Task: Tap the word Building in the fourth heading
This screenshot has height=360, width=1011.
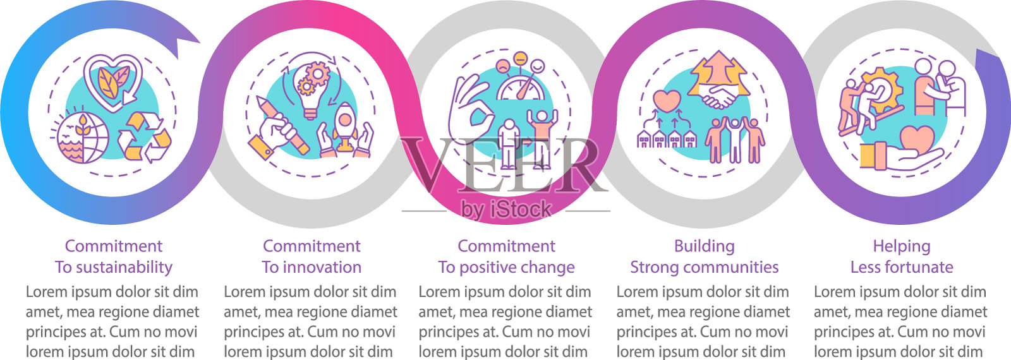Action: (x=704, y=246)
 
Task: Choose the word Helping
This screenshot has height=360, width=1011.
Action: (x=902, y=246)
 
